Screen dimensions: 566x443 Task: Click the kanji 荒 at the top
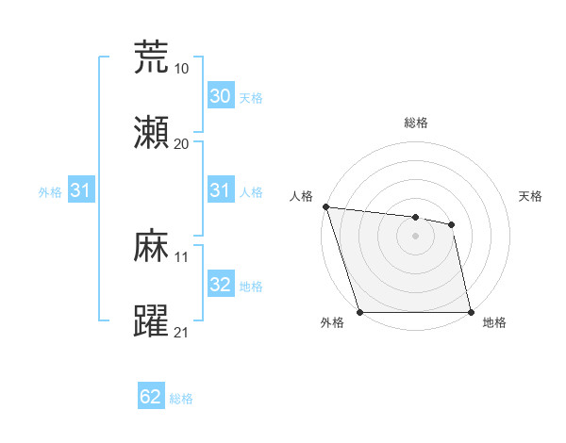click(x=152, y=57)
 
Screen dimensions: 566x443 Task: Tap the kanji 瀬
click(x=152, y=133)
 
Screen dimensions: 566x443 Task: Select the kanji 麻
click(x=152, y=246)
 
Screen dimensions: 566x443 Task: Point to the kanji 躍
click(x=152, y=321)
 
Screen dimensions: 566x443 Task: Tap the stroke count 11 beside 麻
click(x=181, y=256)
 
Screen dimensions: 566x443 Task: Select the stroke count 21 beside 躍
click(x=181, y=332)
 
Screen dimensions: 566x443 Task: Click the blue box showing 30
click(x=220, y=96)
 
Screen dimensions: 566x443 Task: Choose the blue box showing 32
click(x=220, y=285)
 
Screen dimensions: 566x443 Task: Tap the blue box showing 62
click(x=151, y=398)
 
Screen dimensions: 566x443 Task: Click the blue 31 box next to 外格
click(x=81, y=190)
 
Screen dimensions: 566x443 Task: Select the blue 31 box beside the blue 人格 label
click(x=220, y=190)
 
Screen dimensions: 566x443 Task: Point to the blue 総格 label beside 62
click(x=181, y=399)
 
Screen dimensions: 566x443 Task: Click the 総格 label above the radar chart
click(x=416, y=123)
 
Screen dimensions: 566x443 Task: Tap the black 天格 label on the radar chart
click(x=531, y=196)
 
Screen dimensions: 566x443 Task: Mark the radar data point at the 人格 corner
click(x=325, y=206)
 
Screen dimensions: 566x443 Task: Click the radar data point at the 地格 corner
click(x=471, y=312)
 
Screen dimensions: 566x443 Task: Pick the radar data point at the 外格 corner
click(x=359, y=312)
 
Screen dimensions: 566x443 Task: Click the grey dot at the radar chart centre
click(x=415, y=236)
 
